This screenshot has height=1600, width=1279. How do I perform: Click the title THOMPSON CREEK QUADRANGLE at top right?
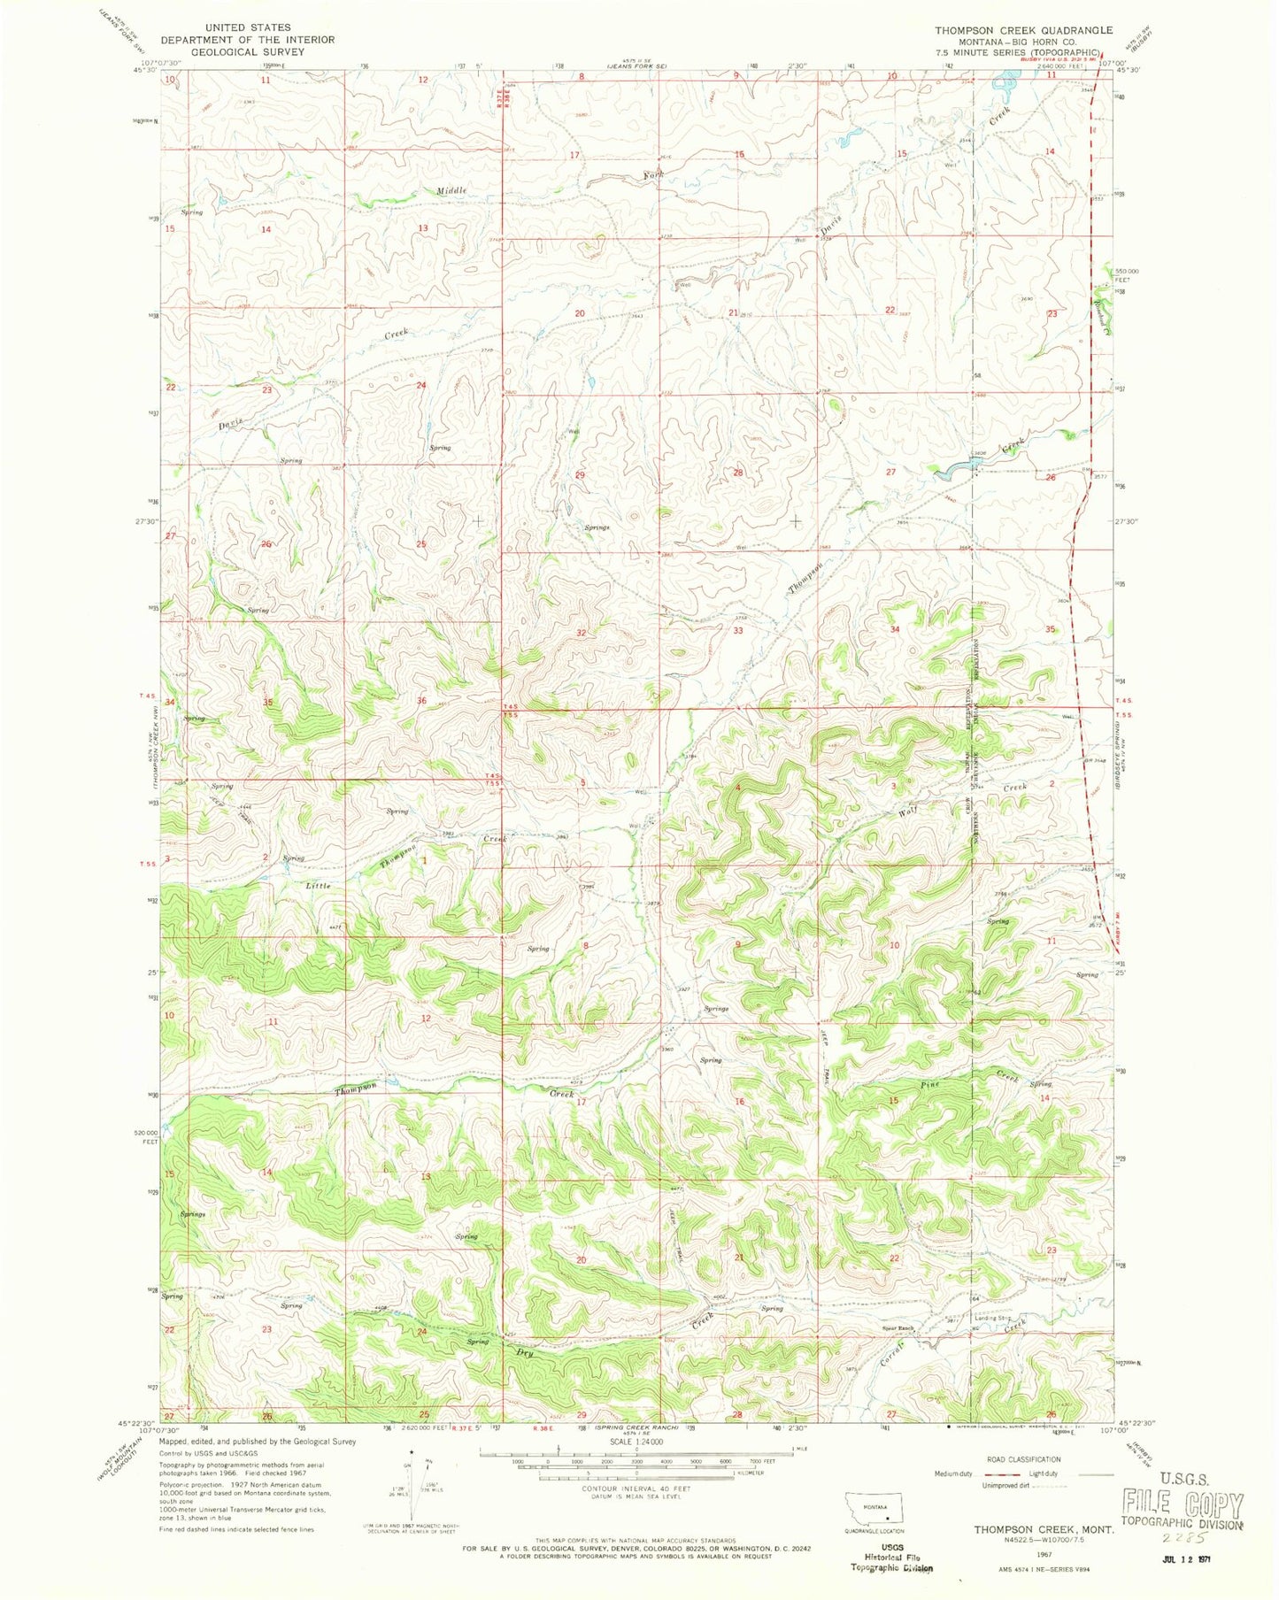point(1024,30)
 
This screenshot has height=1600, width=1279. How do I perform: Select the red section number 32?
point(582,634)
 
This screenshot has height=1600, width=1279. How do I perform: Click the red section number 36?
point(421,701)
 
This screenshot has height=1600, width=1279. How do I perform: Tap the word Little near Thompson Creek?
point(319,885)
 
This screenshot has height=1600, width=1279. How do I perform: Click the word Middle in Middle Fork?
point(451,190)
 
